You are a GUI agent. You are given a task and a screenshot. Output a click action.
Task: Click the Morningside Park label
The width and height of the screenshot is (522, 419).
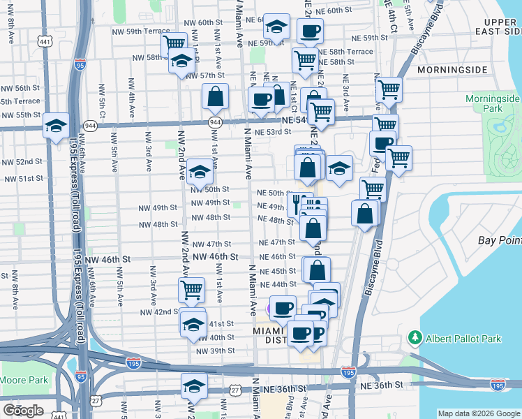click(x=493, y=104)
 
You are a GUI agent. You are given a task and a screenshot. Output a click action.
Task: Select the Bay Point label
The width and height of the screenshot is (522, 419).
click(x=500, y=240)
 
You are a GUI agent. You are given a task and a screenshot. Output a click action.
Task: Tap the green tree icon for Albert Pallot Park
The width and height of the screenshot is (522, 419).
click(x=415, y=339)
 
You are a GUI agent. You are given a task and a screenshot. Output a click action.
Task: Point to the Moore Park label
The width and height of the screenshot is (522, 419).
click(x=24, y=381)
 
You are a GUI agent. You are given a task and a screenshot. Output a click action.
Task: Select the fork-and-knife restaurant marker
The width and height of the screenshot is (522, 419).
click(x=297, y=203)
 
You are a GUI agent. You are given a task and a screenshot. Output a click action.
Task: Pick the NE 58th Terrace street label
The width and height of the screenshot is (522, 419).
click(x=352, y=52)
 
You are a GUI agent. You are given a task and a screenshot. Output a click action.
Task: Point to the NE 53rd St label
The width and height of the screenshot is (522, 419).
click(x=273, y=132)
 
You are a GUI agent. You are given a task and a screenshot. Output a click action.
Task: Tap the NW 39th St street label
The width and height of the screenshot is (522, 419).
click(x=214, y=351)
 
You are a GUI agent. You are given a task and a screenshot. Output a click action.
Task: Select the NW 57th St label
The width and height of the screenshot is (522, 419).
click(x=204, y=75)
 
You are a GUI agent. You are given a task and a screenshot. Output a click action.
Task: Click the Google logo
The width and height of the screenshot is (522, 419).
click(x=24, y=410)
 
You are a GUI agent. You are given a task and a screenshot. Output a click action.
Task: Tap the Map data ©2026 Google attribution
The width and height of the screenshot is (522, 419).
click(x=479, y=413)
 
